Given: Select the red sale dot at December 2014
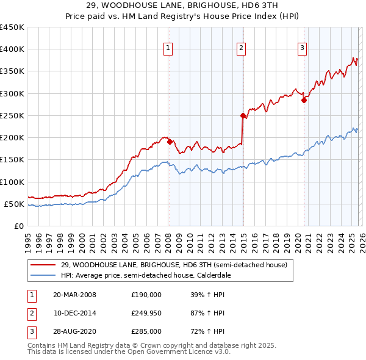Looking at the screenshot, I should point(243,115).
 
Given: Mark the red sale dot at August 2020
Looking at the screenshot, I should point(304,101).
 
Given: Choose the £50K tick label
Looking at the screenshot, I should point(14,204).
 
